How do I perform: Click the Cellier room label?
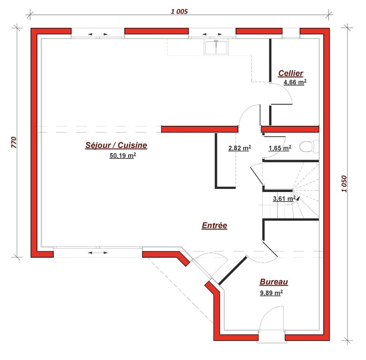(291, 73)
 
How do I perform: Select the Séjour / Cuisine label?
(116, 145)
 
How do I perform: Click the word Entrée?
(214, 226)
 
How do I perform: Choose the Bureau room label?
(274, 282)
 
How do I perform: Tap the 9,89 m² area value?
(271, 293)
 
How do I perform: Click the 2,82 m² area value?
(239, 148)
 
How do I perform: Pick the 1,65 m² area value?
(280, 148)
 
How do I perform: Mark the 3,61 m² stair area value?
(284, 199)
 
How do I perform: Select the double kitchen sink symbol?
(216, 47)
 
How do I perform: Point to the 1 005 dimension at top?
(180, 11)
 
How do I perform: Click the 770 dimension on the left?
(14, 142)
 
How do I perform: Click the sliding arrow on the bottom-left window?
(98, 252)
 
